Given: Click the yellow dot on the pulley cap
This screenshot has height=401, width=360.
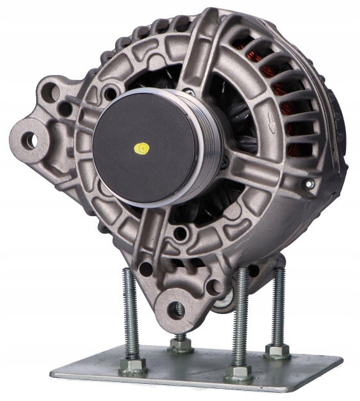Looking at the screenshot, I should click(x=140, y=148).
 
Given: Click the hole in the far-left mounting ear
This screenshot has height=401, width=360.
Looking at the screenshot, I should click(x=29, y=140).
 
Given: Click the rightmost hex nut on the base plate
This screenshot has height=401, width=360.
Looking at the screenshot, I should click(x=277, y=351).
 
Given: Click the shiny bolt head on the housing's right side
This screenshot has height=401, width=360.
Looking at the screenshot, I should click(x=310, y=185).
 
